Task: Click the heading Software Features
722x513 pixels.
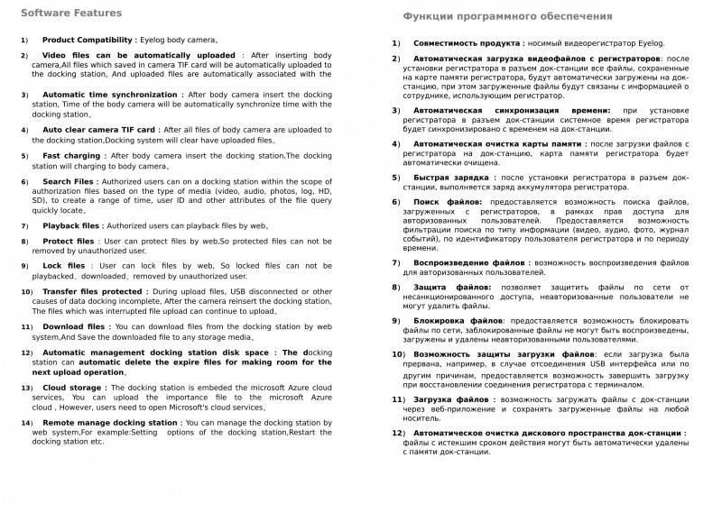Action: pos(72,13)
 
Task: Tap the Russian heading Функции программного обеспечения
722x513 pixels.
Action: pos(507,16)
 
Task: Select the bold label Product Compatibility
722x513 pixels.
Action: pos(88,41)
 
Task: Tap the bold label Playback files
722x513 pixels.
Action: pos(72,225)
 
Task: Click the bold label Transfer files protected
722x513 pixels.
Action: pos(92,292)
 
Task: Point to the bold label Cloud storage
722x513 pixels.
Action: pos(73,387)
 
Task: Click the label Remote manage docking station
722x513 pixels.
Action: pos(110,422)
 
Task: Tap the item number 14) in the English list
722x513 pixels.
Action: pos(26,423)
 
